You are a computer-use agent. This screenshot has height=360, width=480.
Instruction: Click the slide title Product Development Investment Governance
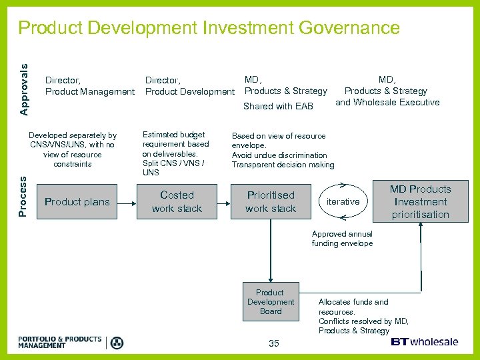point(209,28)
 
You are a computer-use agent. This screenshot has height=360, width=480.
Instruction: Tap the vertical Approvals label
point(24,89)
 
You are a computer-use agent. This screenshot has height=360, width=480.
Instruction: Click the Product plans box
point(77,202)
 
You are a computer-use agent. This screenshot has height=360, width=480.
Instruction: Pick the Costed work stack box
point(177,202)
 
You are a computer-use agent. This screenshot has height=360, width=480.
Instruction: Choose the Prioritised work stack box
point(270,202)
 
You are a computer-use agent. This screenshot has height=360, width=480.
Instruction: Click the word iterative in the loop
point(343,201)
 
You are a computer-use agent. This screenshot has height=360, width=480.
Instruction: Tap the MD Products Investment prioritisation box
point(421,202)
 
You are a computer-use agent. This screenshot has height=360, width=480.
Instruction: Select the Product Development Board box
point(270,302)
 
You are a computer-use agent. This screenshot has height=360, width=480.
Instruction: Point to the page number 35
point(274,343)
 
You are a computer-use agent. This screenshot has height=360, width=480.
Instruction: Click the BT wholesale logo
point(424,342)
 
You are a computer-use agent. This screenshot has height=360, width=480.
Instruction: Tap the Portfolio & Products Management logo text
point(60,343)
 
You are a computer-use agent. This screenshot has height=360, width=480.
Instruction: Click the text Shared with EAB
point(278,106)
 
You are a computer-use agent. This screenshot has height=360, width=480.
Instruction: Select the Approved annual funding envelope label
point(342,239)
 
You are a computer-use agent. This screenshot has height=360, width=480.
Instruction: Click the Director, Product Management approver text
point(89,86)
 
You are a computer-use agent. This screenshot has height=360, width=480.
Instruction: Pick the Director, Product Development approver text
point(189,86)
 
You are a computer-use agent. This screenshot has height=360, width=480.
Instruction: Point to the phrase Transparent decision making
point(283,165)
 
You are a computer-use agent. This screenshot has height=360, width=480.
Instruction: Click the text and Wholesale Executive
point(387,102)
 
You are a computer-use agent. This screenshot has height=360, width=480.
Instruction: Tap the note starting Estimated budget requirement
point(175,153)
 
